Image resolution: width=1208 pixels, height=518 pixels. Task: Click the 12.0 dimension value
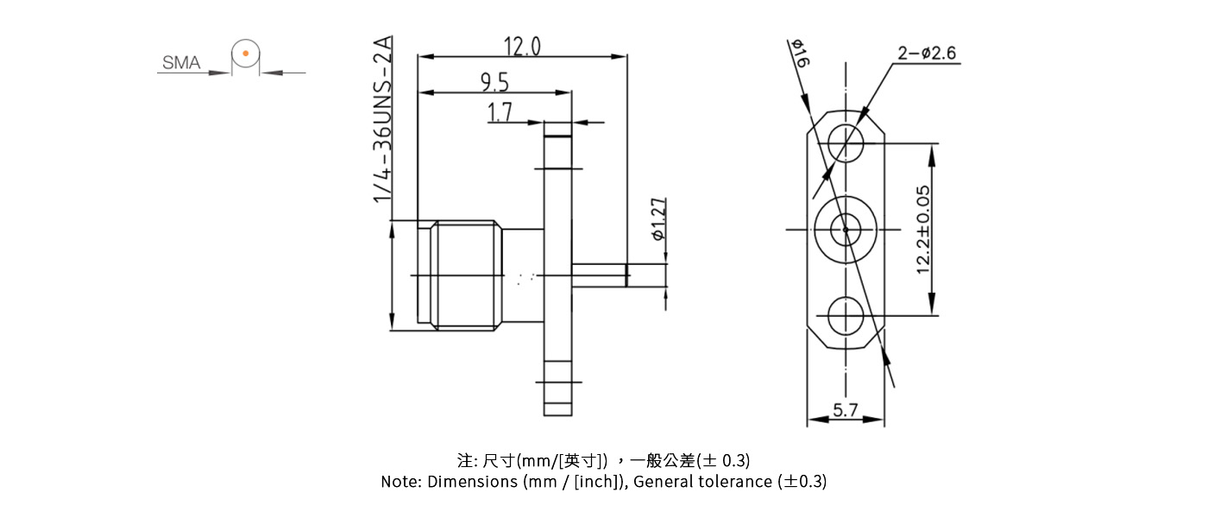pos(522,46)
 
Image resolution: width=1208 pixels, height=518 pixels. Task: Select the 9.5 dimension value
pos(494,82)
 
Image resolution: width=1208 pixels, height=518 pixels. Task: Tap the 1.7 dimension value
pos(500,112)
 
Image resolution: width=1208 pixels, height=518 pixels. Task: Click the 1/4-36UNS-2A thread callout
pos(383,119)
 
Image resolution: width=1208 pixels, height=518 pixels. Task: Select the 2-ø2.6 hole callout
pos(926,54)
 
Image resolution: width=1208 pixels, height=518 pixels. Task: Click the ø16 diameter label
pos(799,54)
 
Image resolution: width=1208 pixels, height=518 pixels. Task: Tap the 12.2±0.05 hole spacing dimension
pos(923,230)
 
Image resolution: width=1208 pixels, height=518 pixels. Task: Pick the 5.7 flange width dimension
pos(846,411)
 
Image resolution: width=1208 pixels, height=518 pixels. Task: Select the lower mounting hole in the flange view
pos(846,316)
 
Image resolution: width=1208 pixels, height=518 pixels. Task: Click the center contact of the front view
pos(846,230)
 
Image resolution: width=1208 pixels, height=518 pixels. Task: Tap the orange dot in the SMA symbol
pos(246,54)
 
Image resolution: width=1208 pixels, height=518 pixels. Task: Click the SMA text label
pos(181,63)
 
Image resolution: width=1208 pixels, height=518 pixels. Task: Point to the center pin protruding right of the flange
pos(621,275)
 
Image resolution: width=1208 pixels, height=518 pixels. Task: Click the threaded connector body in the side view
pos(466,275)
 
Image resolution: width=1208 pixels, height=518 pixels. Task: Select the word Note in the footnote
pos(400,482)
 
